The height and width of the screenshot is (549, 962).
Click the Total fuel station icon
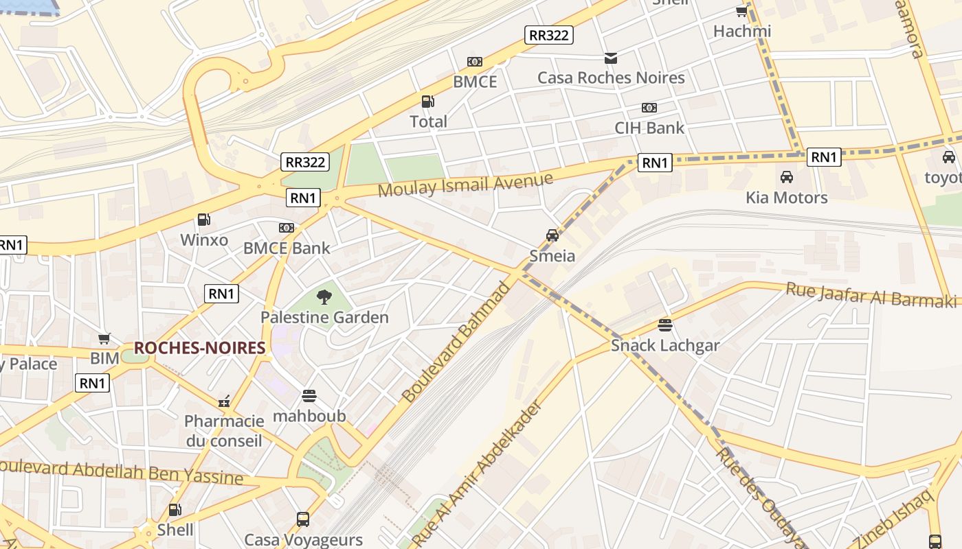point(427,102)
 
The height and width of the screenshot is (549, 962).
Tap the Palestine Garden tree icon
point(324,296)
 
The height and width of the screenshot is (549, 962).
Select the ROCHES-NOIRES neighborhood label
point(199,348)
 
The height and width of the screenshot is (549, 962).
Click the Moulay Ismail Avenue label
point(465,184)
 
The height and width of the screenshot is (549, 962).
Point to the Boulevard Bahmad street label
point(456,342)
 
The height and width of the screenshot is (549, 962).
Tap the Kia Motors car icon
point(787,177)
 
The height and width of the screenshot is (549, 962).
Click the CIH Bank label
point(649,128)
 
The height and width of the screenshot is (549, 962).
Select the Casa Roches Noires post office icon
point(610,58)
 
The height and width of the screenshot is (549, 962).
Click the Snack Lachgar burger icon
point(664,325)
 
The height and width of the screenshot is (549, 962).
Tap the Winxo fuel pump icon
point(203,220)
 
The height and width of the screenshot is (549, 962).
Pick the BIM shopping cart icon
point(104,338)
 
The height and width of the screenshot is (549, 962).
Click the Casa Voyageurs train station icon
point(303,519)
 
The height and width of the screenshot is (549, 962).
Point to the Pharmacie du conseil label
point(224,430)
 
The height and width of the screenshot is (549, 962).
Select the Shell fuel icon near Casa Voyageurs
point(175,510)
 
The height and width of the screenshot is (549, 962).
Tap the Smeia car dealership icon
point(552,235)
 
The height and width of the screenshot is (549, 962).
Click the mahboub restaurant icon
point(309,396)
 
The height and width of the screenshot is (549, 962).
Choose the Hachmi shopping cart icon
point(741,11)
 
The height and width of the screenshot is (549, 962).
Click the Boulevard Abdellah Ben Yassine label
point(121,472)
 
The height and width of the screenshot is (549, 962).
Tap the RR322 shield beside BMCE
point(548,35)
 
